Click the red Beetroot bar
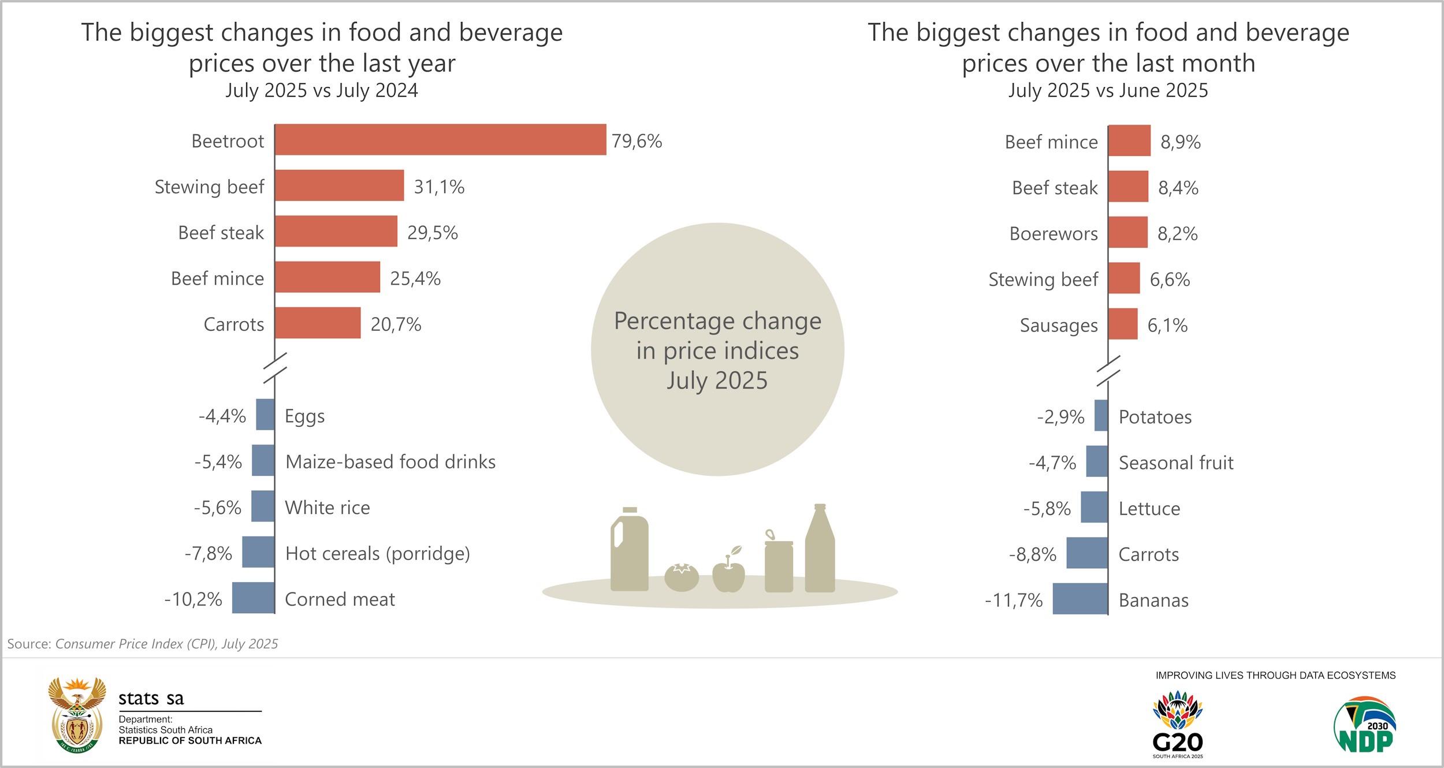tap(440, 140)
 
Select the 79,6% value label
tap(637, 141)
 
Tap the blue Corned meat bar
tap(253, 598)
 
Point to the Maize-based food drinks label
tap(390, 462)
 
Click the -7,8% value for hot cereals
tap(208, 554)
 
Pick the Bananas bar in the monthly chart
tap(1080, 599)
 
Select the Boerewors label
tap(1053, 233)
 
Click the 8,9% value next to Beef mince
tap(1180, 142)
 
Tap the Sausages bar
tap(1123, 324)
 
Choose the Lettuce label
tap(1149, 509)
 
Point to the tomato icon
tap(682, 577)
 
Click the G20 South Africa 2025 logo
tap(1177, 725)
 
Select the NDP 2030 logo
tap(1364, 726)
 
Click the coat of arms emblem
tap(77, 715)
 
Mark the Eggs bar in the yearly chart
tap(265, 415)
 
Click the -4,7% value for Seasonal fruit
tap(1052, 463)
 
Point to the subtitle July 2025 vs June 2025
tap(1108, 91)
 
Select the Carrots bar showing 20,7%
tap(318, 323)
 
